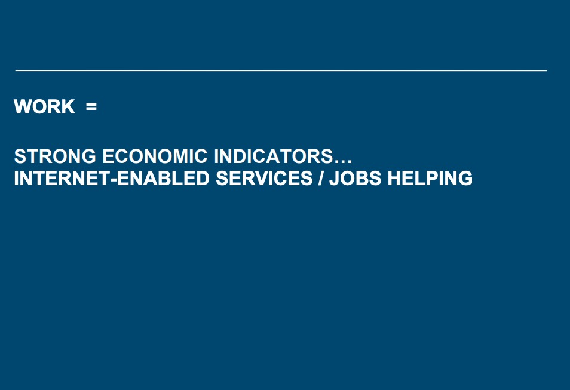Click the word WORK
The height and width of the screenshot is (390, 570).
tap(44, 106)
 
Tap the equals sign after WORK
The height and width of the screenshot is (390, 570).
tap(91, 106)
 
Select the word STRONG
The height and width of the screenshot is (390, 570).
tap(55, 156)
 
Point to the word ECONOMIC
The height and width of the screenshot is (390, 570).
tap(155, 156)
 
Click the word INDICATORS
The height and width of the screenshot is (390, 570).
tap(274, 156)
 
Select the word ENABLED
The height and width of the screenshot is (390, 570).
tap(163, 178)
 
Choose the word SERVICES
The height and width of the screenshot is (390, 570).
tap(264, 178)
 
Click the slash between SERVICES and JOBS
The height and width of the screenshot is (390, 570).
tap(321, 178)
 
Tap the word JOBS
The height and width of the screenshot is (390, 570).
tap(355, 178)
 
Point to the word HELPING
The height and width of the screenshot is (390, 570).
tap(430, 178)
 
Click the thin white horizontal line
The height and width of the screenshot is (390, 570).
tap(281, 70)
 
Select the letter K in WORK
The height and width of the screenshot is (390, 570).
tap(68, 106)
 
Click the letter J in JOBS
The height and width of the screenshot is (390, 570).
tap(335, 178)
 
